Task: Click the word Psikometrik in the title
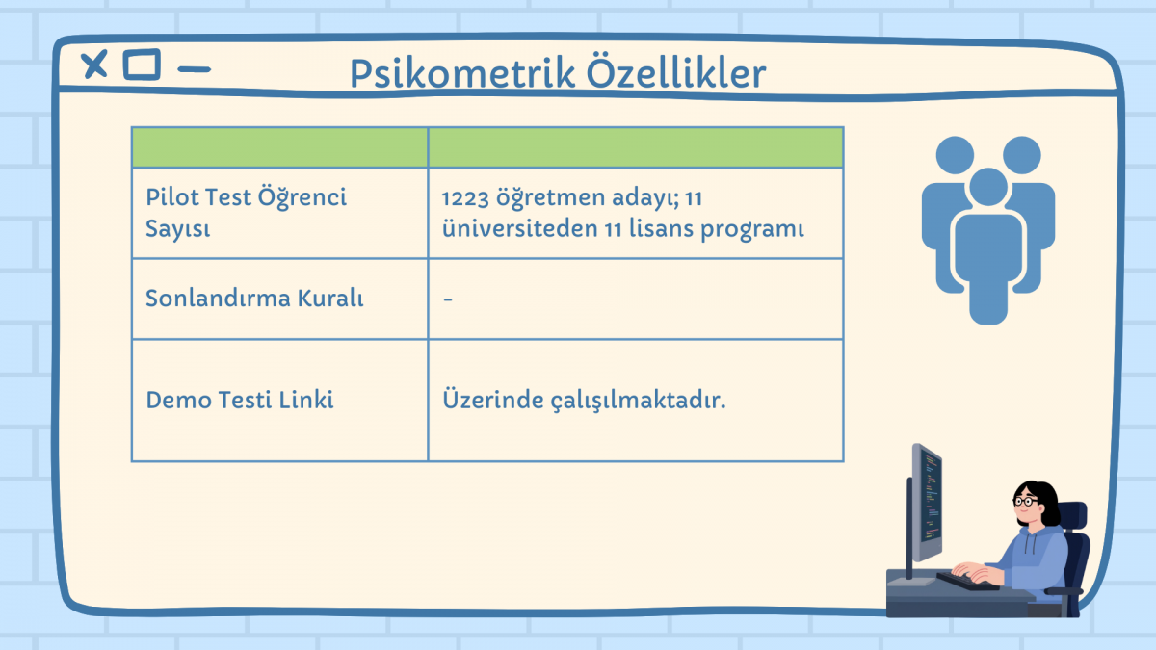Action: click(462, 73)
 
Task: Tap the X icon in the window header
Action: click(94, 65)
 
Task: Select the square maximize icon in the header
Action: click(142, 65)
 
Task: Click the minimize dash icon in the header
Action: click(194, 69)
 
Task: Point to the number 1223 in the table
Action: click(465, 198)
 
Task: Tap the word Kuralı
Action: click(330, 299)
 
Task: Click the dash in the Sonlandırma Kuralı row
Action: click(448, 299)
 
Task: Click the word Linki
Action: click(306, 400)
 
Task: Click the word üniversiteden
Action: click(519, 228)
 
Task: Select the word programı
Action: click(752, 230)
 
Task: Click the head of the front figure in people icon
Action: click(988, 187)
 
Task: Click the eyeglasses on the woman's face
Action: click(1025, 501)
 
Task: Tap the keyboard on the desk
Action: click(966, 582)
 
